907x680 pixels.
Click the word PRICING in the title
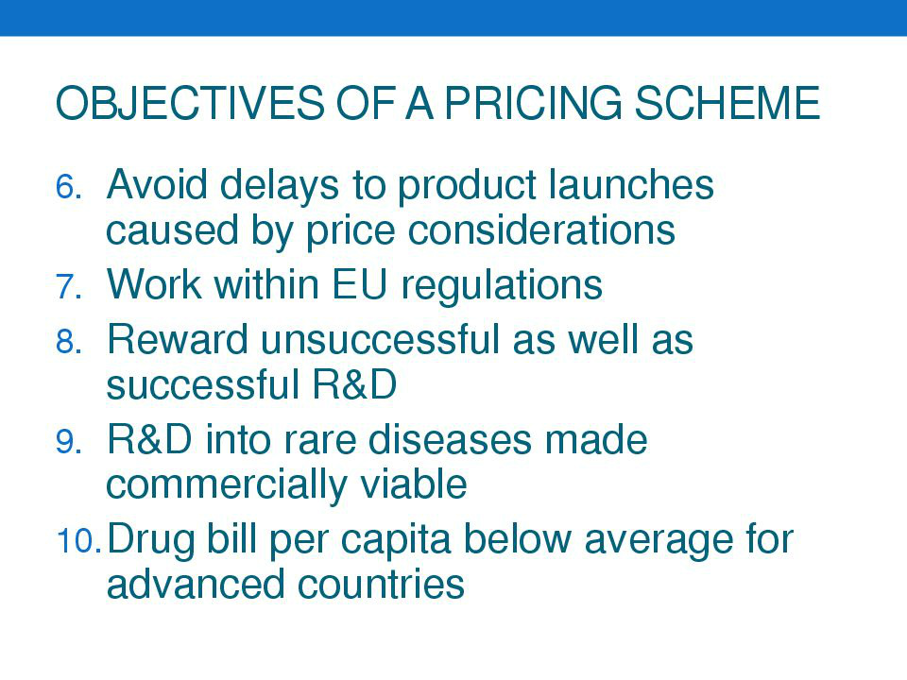(x=533, y=103)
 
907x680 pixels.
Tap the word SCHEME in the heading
(x=727, y=103)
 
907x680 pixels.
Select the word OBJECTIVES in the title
(x=190, y=103)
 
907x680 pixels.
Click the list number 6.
(x=68, y=187)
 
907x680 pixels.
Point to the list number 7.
(x=68, y=287)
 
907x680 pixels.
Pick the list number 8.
(x=68, y=341)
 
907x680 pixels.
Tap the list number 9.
(x=68, y=442)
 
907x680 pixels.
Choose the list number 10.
(x=78, y=541)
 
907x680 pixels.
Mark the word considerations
(x=541, y=230)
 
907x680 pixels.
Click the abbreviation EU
(x=359, y=284)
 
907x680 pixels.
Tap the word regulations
(x=502, y=285)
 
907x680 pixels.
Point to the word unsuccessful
(x=380, y=339)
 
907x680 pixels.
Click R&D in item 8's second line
(x=354, y=384)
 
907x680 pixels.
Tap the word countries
(x=381, y=584)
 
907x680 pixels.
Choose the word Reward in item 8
(x=177, y=339)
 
